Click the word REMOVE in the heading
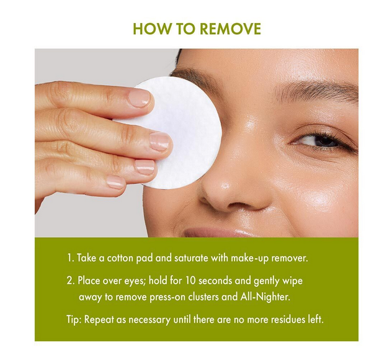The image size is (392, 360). click(231, 29)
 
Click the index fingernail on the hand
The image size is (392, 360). click(139, 98)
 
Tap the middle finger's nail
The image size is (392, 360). click(159, 142)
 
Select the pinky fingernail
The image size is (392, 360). click(115, 182)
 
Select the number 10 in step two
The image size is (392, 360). click(190, 281)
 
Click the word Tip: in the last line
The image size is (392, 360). click(74, 320)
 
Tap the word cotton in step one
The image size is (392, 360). click(120, 258)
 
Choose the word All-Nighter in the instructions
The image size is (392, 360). click(265, 297)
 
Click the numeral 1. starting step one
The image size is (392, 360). click(71, 258)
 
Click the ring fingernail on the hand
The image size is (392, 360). click(145, 167)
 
